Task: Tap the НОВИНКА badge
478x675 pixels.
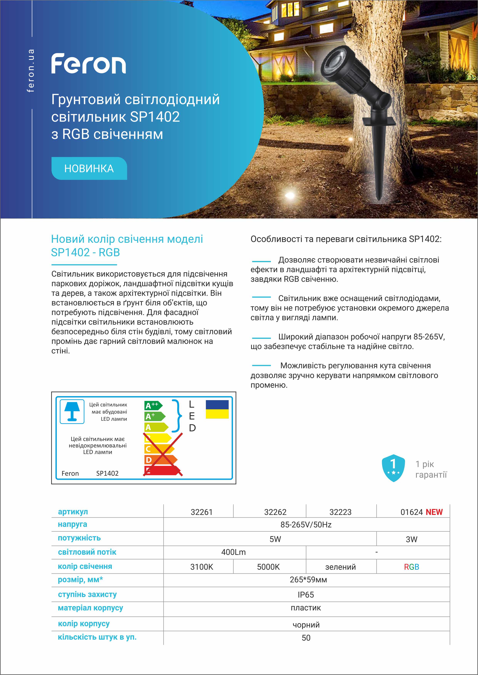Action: pyautogui.click(x=89, y=168)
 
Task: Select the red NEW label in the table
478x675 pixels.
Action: pyautogui.click(x=434, y=512)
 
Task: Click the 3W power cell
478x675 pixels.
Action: pyautogui.click(x=411, y=539)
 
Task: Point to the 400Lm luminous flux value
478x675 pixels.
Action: pyautogui.click(x=233, y=552)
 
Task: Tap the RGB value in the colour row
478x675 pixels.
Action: pyautogui.click(x=411, y=567)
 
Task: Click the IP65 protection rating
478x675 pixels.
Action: pyautogui.click(x=306, y=595)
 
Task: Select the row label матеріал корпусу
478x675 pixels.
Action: pyautogui.click(x=90, y=608)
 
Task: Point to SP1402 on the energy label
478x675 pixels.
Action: pyautogui.click(x=107, y=473)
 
